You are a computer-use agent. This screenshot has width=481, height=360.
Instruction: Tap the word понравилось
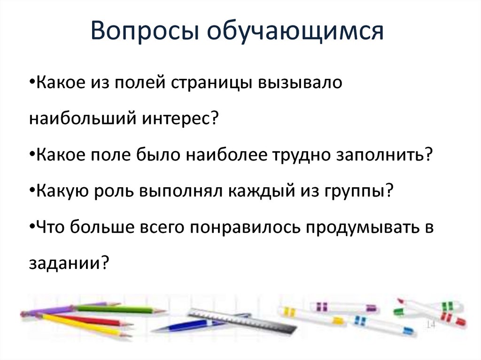246,228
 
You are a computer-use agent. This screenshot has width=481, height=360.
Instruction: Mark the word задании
69,263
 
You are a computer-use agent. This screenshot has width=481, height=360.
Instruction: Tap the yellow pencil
85,325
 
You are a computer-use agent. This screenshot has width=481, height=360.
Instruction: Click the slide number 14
430,325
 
